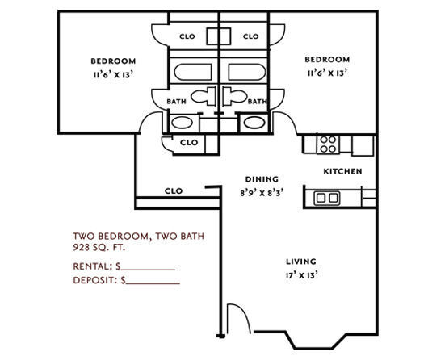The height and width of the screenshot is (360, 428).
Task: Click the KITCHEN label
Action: click(342, 171)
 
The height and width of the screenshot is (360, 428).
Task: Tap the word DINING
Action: click(262, 179)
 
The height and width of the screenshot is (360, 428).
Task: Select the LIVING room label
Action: click(300, 262)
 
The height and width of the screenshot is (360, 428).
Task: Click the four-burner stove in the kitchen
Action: click(327, 144)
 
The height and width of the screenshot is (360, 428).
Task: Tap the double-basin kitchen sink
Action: click(326, 197)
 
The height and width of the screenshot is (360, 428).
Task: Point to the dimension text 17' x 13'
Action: click(300, 274)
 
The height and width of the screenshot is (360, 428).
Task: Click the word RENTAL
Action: click(90, 266)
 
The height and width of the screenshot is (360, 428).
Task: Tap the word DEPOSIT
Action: click(94, 282)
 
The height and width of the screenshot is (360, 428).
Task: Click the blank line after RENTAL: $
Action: click(149, 268)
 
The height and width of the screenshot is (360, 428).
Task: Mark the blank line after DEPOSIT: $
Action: click(153, 284)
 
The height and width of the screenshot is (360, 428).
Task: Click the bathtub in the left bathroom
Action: click(191, 69)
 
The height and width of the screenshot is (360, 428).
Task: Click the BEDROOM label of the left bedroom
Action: click(113, 61)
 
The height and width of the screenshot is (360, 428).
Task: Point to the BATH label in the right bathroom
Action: click(258, 102)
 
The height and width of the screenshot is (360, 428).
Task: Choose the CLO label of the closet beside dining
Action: click(173, 191)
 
